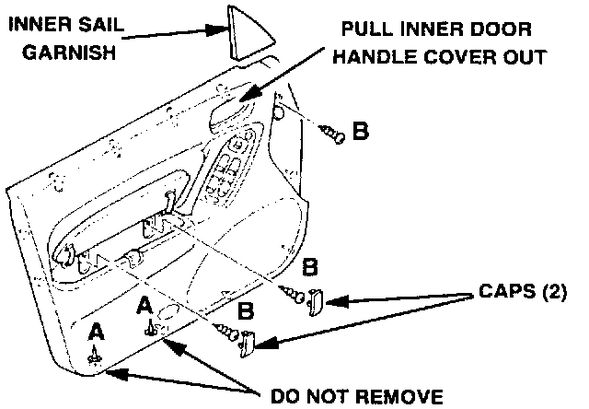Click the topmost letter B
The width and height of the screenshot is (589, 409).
[x=361, y=133]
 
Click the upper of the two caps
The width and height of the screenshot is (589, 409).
[x=314, y=299]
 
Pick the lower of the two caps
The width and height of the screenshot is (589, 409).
[x=247, y=343]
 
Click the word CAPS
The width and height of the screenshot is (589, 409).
[x=499, y=294]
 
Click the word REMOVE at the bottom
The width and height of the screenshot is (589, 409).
[x=390, y=397]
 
